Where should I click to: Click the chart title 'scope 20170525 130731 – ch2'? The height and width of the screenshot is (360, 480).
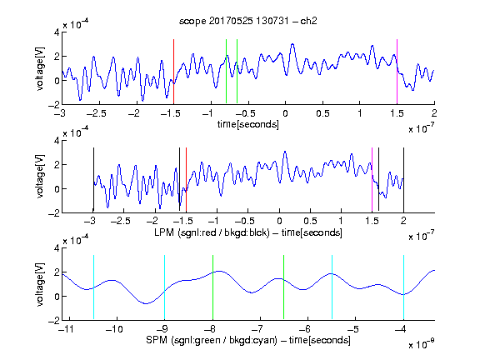(247, 21)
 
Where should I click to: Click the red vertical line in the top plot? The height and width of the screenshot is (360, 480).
(173, 72)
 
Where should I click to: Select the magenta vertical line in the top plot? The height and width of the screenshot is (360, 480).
(397, 72)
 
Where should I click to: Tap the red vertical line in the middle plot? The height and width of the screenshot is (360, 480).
(186, 180)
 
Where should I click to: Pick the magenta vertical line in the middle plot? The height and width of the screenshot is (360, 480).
(372, 180)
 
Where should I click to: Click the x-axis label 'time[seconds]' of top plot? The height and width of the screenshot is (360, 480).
(248, 124)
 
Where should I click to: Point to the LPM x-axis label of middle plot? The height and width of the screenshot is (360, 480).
(248, 232)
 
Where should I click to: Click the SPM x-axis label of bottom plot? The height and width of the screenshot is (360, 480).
(248, 340)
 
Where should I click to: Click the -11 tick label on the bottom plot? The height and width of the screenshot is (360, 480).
(66, 329)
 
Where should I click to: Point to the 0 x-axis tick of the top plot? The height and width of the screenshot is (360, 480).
(285, 113)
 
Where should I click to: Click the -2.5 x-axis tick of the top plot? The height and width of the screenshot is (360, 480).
(96, 113)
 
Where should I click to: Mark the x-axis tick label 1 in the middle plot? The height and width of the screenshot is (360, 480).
(341, 221)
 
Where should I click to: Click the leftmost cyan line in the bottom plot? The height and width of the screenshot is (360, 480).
(93, 287)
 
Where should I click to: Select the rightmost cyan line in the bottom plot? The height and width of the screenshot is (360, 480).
(403, 287)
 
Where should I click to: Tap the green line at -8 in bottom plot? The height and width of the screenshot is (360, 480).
(212, 287)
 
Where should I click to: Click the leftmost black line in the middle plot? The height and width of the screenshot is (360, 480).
(93, 180)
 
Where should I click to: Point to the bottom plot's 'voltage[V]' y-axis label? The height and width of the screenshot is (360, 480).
(40, 284)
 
